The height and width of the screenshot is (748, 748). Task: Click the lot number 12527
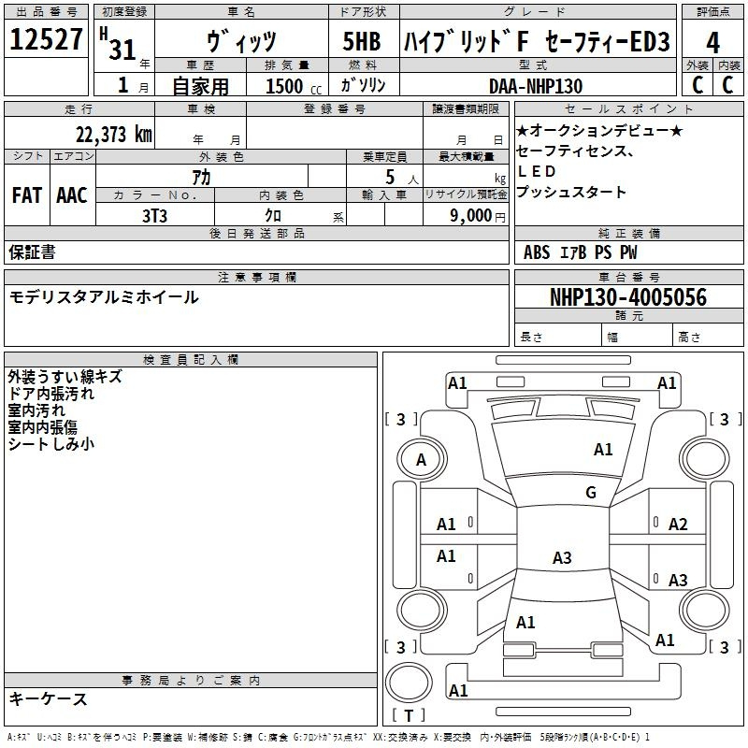coord(46,38)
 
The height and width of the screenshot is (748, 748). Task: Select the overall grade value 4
coord(712,42)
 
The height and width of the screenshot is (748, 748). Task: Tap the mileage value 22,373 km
coord(113,134)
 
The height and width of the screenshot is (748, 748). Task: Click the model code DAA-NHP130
coord(535,86)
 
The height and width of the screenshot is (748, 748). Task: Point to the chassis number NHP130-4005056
coord(627,296)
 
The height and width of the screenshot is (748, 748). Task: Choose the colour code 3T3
coord(154,216)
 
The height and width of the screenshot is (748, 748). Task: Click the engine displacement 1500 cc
coord(294,86)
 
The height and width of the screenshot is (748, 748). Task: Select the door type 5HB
coord(362,41)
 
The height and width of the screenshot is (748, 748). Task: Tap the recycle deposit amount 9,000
coord(471,215)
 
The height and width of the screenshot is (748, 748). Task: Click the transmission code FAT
coord(27,195)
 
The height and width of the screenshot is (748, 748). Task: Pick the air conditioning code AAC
coord(72,195)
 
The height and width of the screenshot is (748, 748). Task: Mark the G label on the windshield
coord(591,492)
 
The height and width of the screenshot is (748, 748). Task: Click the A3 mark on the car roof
coord(562,557)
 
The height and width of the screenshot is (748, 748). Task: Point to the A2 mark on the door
coord(677,525)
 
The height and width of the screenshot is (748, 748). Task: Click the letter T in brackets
coord(409,715)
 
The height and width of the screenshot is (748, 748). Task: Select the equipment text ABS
coord(537,252)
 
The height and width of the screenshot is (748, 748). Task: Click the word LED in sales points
coord(537,171)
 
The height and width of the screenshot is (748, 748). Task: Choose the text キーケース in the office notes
coord(49,698)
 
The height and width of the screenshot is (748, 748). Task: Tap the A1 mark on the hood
coord(603,449)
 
